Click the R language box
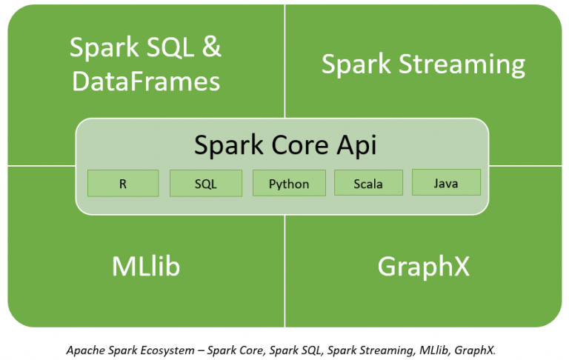(x=123, y=184)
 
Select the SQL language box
(x=205, y=184)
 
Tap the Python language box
(x=289, y=184)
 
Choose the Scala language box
(x=368, y=183)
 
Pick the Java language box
(x=446, y=182)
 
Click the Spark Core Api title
(x=285, y=144)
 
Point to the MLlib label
(x=146, y=266)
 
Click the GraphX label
(x=423, y=266)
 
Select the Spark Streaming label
(x=423, y=64)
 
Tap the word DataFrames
(x=146, y=80)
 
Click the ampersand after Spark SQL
(x=211, y=48)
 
